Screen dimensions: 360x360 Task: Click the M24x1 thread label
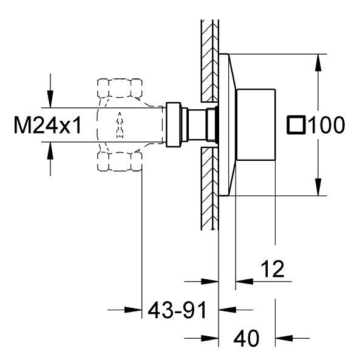coord(47,125)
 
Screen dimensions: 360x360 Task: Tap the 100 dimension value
coord(326,125)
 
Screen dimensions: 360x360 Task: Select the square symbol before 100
coord(296,125)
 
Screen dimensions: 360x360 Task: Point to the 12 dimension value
coord(273,269)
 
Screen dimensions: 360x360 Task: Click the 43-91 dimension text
coord(177,310)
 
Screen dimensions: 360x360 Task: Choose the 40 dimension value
coord(246,338)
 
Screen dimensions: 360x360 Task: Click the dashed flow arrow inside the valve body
coord(120,125)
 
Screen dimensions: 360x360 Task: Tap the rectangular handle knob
coord(256,124)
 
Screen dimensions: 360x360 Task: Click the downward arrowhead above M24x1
coord(50,99)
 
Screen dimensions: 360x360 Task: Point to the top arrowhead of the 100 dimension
coord(318,63)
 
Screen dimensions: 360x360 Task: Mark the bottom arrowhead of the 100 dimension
coord(318,187)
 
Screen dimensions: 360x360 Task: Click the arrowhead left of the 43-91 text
coord(133,310)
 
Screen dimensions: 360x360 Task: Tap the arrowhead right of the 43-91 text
coord(227,310)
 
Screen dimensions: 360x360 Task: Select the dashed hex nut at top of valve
coord(120,88)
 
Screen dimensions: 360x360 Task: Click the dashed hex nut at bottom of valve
coord(120,162)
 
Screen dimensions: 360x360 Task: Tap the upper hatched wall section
coord(209,61)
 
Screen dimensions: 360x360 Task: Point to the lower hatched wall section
coord(209,188)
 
